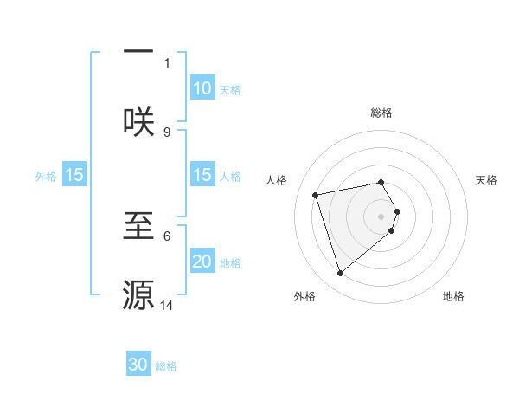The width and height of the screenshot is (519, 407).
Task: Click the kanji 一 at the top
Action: [138, 52]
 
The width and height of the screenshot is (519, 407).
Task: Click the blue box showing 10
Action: [202, 88]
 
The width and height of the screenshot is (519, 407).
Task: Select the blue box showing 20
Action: [202, 262]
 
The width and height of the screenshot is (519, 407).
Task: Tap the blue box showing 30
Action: [138, 365]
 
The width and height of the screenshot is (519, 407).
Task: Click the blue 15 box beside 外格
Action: [74, 175]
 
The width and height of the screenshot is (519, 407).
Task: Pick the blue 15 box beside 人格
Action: [202, 175]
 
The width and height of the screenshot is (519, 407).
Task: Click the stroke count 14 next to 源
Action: [167, 305]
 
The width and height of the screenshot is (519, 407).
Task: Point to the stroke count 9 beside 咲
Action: [167, 132]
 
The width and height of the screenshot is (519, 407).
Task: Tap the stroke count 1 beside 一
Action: [167, 62]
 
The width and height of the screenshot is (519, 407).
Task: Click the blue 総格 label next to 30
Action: [167, 366]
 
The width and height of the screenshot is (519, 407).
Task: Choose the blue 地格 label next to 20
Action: [230, 262]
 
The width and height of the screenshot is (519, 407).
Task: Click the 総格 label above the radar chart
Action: [381, 113]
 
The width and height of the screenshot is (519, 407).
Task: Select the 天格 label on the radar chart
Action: [486, 180]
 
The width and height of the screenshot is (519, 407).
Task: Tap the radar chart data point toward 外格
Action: [340, 273]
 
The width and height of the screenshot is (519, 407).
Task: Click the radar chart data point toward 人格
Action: [316, 194]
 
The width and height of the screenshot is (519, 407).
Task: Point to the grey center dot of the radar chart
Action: [381, 216]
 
